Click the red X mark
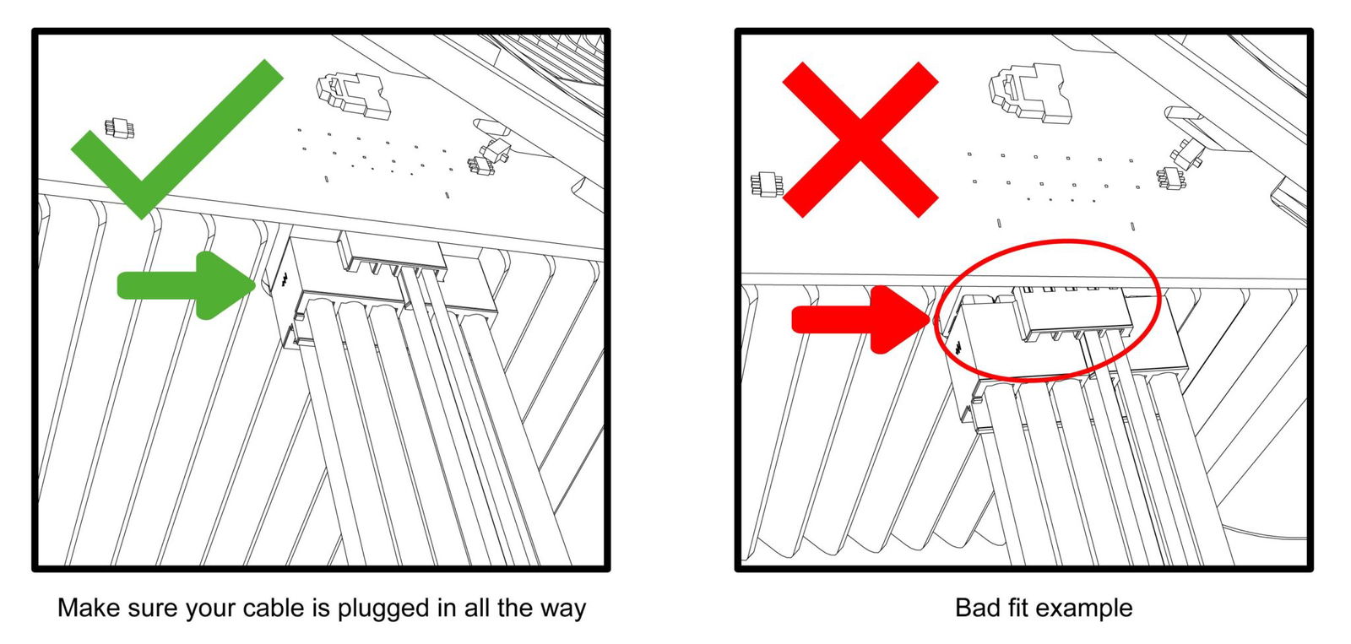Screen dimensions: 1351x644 (x=860, y=140)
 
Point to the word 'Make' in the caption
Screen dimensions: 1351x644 (x=89, y=608)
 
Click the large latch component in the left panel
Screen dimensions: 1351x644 (x=354, y=95)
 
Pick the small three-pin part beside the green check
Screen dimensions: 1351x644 (x=119, y=127)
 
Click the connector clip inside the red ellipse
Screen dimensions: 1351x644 (x=1072, y=313)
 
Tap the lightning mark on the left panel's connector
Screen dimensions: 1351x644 (x=284, y=279)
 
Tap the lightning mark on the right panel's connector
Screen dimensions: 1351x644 (x=958, y=348)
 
